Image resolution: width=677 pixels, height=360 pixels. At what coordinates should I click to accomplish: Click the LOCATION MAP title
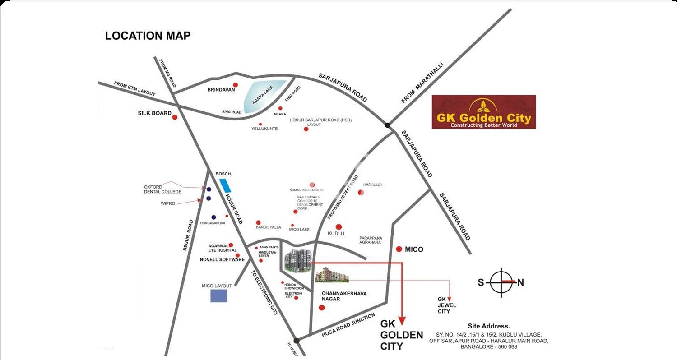pyautogui.click(x=148, y=36)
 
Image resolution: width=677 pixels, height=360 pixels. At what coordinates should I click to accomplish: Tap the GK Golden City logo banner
pyautogui.click(x=483, y=112)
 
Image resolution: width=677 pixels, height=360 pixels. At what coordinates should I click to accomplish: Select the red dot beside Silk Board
pyautogui.click(x=175, y=117)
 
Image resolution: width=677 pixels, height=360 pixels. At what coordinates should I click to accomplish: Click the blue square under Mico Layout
pyautogui.click(x=219, y=295)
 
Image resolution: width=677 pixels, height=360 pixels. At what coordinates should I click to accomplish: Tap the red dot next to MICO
pyautogui.click(x=399, y=249)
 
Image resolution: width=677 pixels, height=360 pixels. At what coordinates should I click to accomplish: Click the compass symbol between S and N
pyautogui.click(x=501, y=282)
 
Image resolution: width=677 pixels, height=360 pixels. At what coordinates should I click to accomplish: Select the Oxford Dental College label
pyautogui.click(x=162, y=189)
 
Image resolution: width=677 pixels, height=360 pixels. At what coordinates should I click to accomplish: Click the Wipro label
pyautogui.click(x=168, y=203)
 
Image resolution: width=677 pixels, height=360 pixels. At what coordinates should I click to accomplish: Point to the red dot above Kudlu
pyautogui.click(x=338, y=227)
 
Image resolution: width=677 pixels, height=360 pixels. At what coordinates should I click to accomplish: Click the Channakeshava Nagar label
pyautogui.click(x=344, y=296)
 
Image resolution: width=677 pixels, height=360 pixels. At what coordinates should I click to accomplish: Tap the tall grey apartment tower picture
pyautogui.click(x=298, y=261)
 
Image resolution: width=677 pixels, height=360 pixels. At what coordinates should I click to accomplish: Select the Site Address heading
pyautogui.click(x=489, y=326)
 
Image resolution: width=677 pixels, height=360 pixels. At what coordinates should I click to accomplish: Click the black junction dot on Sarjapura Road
pyautogui.click(x=387, y=125)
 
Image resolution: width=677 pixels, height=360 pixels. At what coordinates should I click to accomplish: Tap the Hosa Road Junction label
pyautogui.click(x=348, y=326)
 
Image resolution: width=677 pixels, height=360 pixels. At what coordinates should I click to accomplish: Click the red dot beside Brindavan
pyautogui.click(x=235, y=85)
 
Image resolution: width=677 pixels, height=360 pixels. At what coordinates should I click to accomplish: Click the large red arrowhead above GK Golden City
pyautogui.click(x=402, y=320)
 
